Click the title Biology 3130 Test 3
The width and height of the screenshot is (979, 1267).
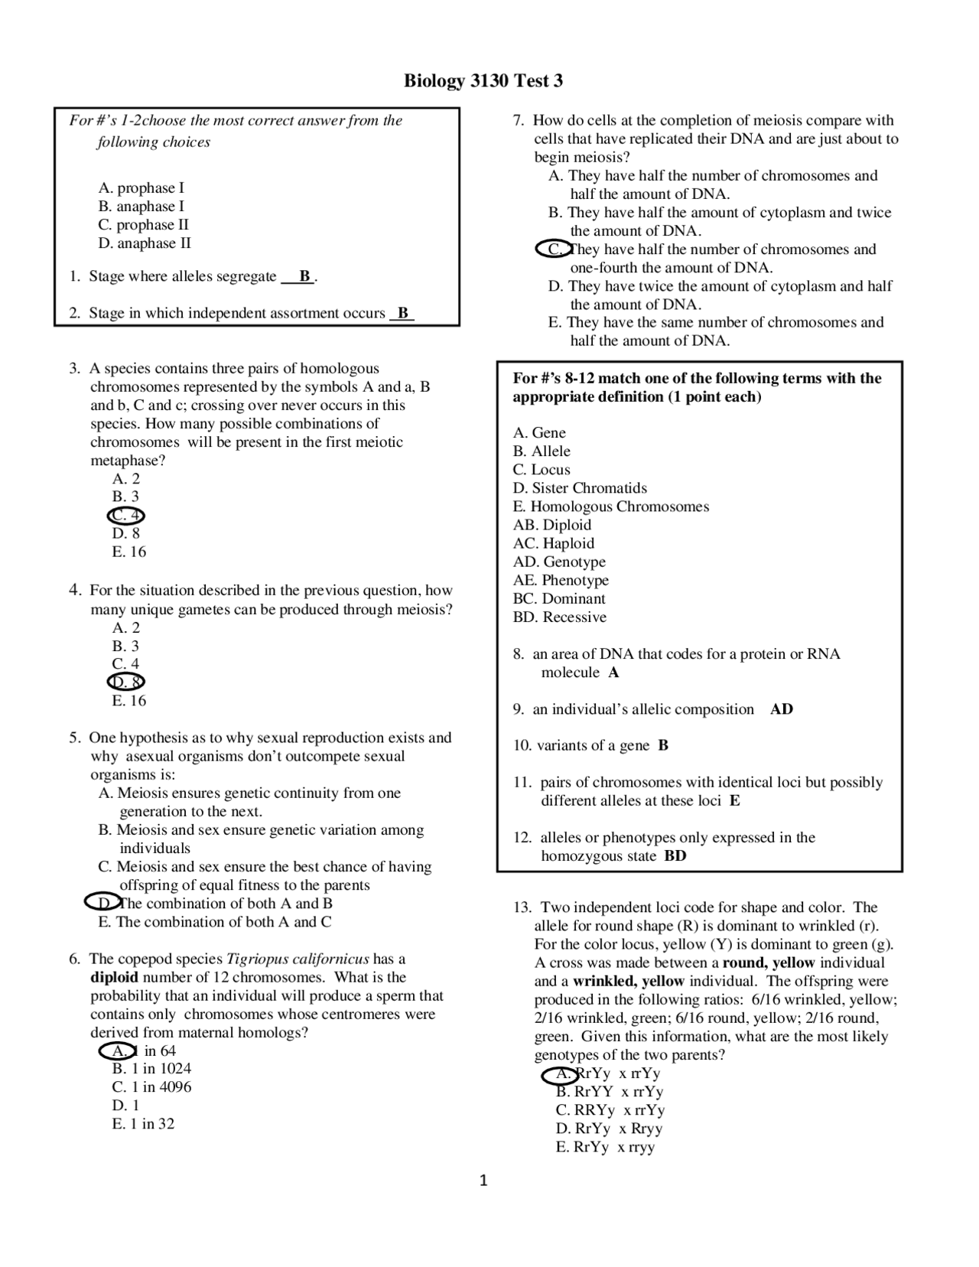tap(483, 81)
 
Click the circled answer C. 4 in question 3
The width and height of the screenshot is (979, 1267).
tap(126, 515)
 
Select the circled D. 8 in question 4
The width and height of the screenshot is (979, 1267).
tap(126, 682)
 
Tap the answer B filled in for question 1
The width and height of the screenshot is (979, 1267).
tap(304, 276)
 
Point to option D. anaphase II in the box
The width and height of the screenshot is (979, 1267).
tap(145, 243)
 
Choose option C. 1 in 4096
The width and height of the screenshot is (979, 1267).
tap(151, 1087)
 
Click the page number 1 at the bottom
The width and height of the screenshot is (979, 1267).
tap(483, 1181)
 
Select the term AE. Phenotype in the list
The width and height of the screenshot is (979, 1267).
tap(561, 581)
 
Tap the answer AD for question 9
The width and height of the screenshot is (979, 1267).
tap(782, 709)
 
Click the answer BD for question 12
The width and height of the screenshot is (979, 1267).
tap(675, 856)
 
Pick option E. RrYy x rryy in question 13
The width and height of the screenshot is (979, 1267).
tap(605, 1147)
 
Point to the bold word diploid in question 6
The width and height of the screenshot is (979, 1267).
tap(114, 977)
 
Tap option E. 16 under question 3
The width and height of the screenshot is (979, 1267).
tap(128, 552)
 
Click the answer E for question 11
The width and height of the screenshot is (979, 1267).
tap(734, 801)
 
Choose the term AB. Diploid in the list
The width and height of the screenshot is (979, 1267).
tap(552, 525)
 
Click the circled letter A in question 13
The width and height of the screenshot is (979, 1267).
tap(562, 1074)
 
